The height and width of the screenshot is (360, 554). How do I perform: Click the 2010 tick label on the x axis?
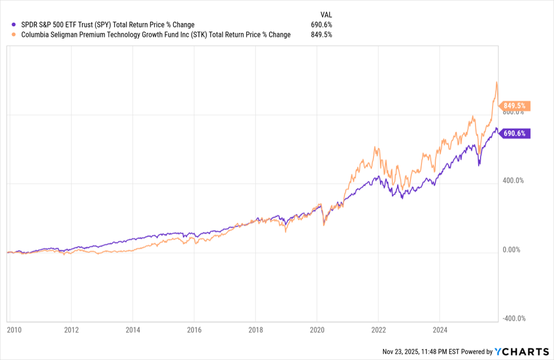pyautogui.click(x=14, y=330)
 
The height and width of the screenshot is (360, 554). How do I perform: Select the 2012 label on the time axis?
pyautogui.click(x=71, y=330)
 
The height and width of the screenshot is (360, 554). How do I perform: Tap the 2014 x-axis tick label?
pyautogui.click(x=133, y=330)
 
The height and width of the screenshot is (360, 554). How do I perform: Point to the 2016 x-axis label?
pyautogui.click(x=194, y=330)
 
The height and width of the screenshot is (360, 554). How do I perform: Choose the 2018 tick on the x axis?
pyautogui.click(x=256, y=330)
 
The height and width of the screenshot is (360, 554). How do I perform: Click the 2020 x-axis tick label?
pyautogui.click(x=317, y=330)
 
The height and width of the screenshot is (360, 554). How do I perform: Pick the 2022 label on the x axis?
pyautogui.click(x=379, y=330)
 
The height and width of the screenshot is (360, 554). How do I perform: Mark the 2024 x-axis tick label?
pyautogui.click(x=440, y=330)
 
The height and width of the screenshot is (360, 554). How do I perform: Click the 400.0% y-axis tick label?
pyautogui.click(x=513, y=181)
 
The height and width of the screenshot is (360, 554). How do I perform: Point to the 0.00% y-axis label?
pyautogui.click(x=511, y=250)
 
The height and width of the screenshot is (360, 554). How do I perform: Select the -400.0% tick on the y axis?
pyautogui.click(x=514, y=319)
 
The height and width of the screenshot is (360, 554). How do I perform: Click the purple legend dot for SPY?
pyautogui.click(x=14, y=25)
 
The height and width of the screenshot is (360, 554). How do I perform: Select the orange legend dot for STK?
pyautogui.click(x=14, y=34)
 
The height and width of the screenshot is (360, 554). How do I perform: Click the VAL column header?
pyautogui.click(x=326, y=15)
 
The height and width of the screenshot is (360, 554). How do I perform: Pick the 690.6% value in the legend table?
pyautogui.click(x=321, y=25)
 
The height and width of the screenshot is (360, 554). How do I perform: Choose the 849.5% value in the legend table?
pyautogui.click(x=321, y=34)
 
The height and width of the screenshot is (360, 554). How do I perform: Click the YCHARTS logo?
pyautogui.click(x=522, y=351)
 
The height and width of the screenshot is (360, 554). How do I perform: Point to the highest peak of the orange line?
pyautogui.click(x=497, y=82)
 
